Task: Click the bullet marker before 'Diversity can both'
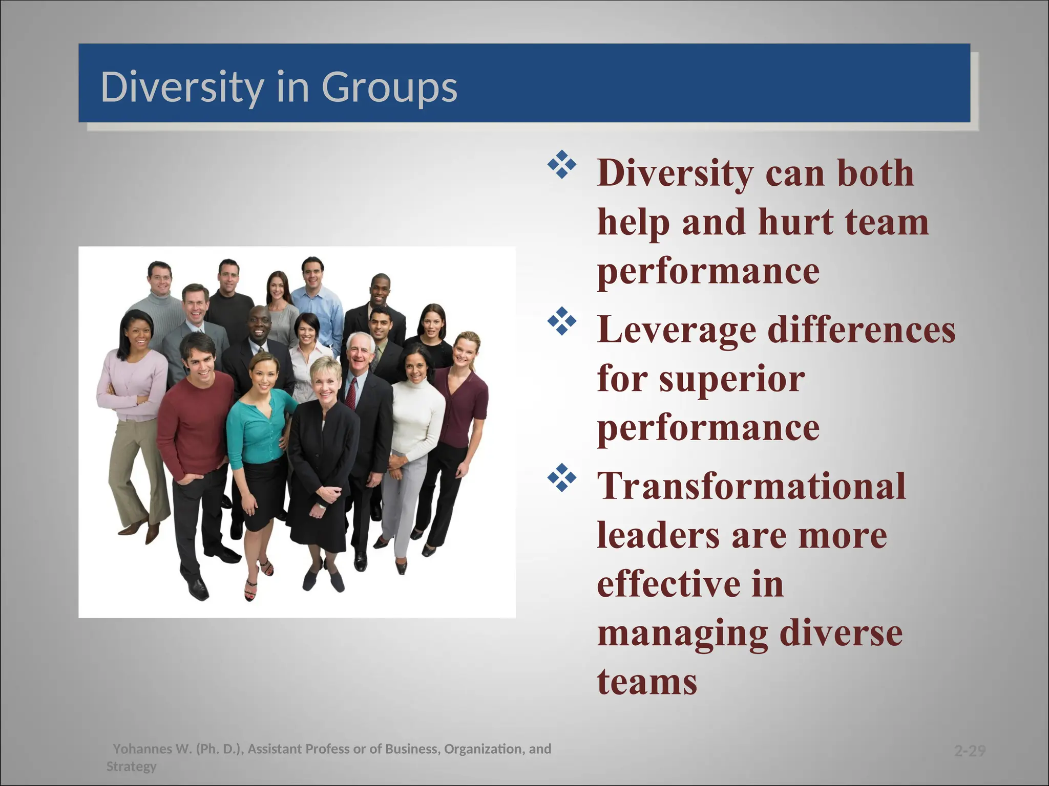coord(562,165)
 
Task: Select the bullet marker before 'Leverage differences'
coord(562,321)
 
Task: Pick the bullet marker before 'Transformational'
coord(562,478)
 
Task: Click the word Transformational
coord(751,486)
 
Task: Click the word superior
coord(732,379)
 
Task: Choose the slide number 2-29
coord(970,751)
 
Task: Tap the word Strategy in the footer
coord(131,767)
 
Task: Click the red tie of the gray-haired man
coord(351,393)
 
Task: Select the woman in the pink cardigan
coord(132,379)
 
